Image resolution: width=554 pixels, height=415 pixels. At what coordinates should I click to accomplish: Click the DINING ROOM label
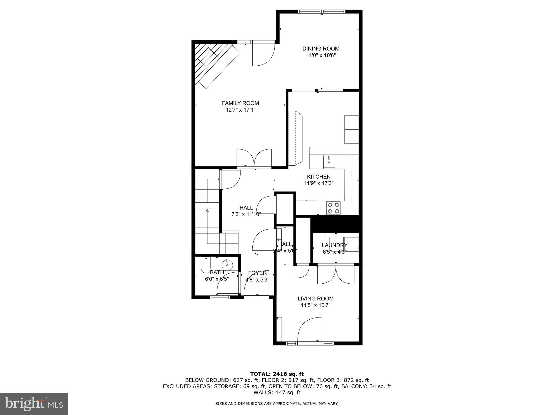click(x=321, y=49)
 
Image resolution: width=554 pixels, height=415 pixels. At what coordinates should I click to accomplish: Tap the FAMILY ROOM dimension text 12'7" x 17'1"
click(x=240, y=110)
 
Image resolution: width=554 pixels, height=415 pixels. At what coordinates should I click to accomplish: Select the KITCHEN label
click(x=319, y=177)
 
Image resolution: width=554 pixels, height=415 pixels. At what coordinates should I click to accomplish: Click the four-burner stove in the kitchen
click(x=333, y=208)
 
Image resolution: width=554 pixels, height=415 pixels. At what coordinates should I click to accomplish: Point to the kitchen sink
click(x=329, y=162)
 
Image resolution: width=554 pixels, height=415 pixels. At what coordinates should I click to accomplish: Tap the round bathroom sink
click(x=227, y=264)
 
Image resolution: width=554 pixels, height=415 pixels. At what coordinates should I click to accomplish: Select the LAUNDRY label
click(x=335, y=245)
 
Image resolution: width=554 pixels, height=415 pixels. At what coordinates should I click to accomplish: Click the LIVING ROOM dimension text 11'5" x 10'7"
click(x=316, y=305)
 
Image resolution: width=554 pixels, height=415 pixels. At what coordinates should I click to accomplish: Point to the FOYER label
click(x=257, y=273)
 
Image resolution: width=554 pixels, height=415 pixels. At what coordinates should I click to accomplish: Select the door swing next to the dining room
click(x=263, y=54)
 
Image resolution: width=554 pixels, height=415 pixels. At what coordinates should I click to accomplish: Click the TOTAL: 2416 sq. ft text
click(x=277, y=374)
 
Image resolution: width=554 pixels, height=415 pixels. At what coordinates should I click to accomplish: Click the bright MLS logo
click(x=34, y=403)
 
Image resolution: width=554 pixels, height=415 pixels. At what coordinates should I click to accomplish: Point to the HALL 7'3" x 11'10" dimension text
click(x=246, y=214)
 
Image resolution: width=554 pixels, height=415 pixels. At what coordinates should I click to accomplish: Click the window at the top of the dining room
click(x=322, y=12)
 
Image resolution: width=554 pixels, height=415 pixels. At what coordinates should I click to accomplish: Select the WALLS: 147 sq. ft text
click(x=277, y=393)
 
